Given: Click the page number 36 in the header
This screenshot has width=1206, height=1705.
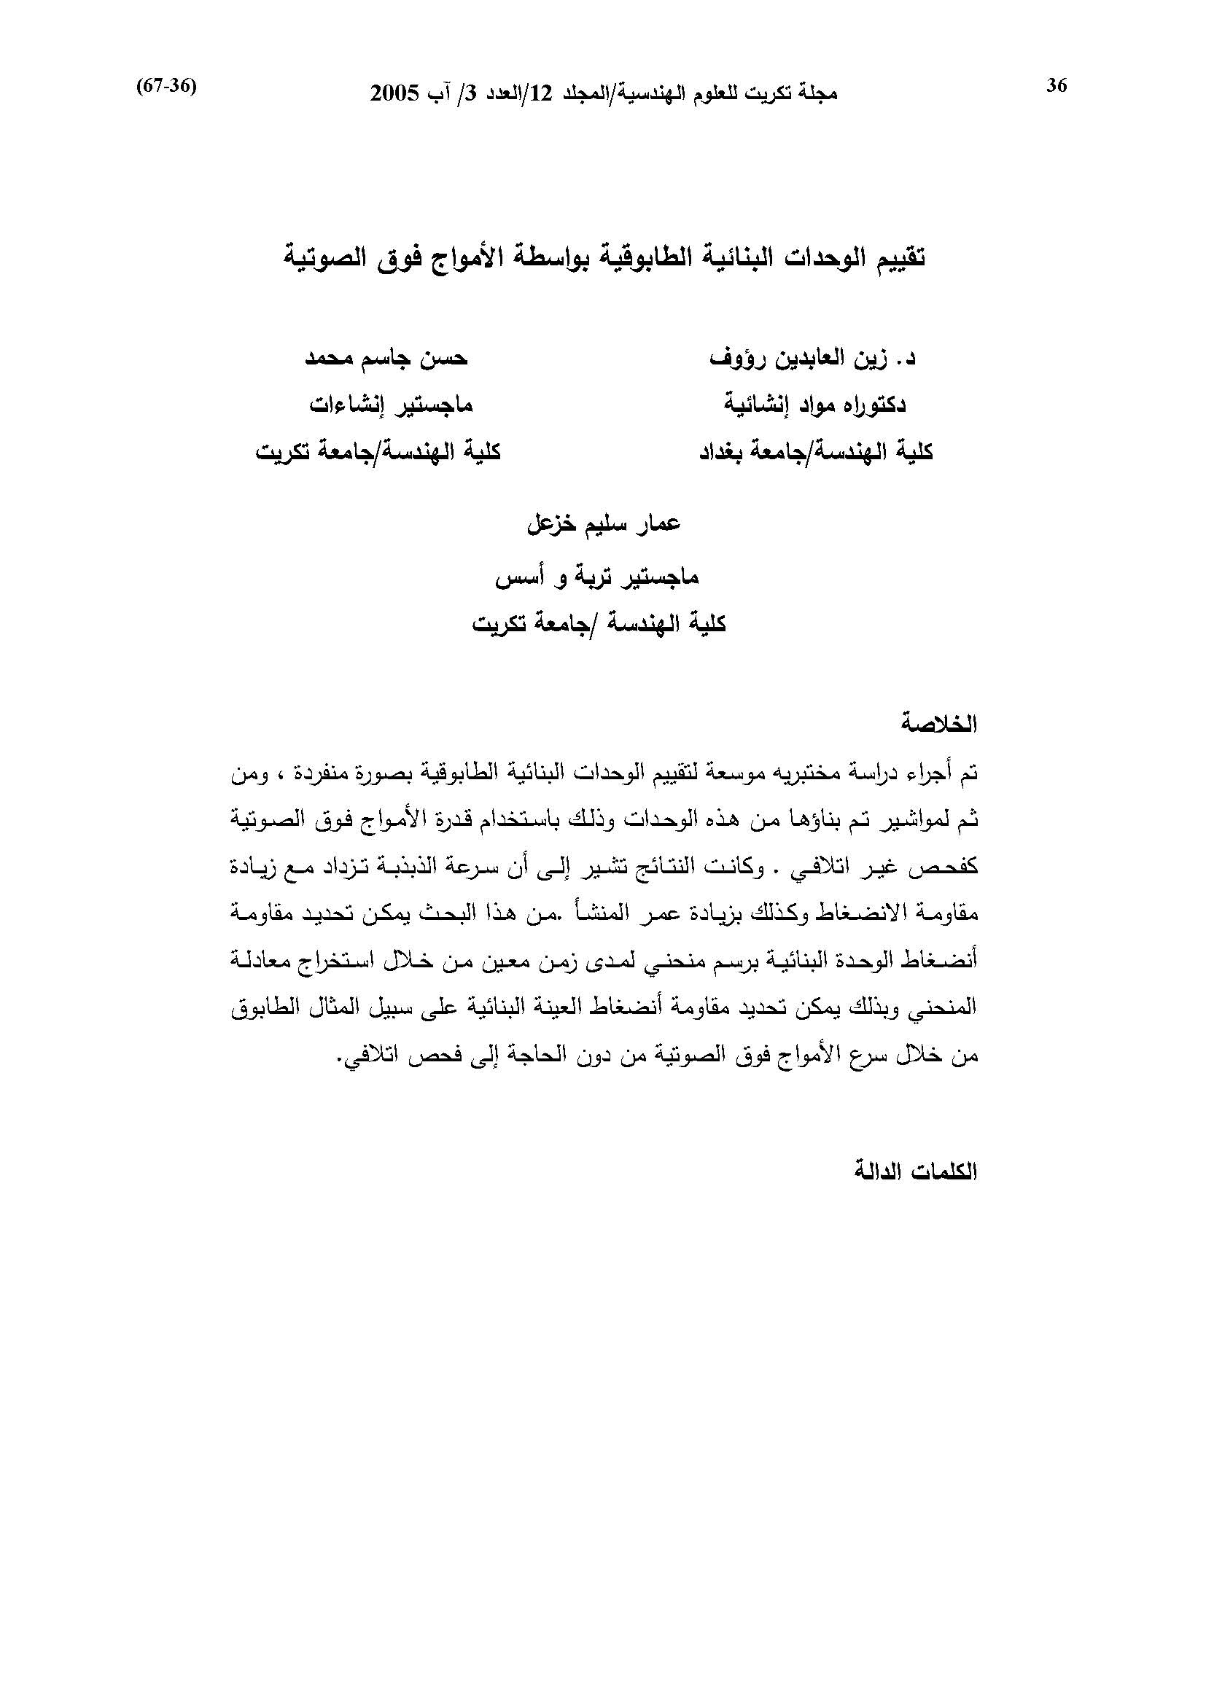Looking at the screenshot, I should pyautogui.click(x=1056, y=86).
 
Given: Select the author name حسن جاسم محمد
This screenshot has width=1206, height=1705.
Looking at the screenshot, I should pyautogui.click(x=386, y=358).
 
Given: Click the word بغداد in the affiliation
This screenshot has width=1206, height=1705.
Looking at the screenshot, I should pyautogui.click(x=728, y=451).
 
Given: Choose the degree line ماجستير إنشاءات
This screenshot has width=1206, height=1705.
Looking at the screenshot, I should pyautogui.click(x=392, y=405).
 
